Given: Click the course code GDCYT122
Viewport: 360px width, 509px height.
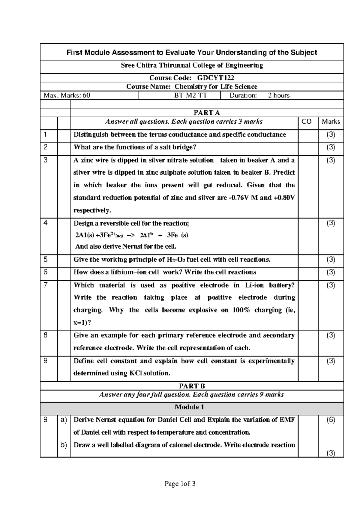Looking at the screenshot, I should [215, 78].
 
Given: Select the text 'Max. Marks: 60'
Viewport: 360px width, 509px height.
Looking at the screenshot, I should [67, 95].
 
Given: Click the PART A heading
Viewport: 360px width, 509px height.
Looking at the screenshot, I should [206, 113].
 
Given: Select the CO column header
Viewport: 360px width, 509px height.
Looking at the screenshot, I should [306, 122].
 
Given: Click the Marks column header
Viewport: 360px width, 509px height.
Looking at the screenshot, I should [331, 122].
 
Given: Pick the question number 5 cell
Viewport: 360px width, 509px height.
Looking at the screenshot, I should [46, 259].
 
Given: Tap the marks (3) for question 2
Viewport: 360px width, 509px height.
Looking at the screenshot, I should [331, 147].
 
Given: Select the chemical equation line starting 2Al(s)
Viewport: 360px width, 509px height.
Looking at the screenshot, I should [131, 235].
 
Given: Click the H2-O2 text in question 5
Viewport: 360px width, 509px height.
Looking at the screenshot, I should [174, 260].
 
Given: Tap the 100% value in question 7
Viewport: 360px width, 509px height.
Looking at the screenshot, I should [241, 310].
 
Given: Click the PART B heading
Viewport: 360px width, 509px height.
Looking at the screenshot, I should [192, 386].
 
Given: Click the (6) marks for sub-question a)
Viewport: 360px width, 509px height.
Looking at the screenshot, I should [331, 420].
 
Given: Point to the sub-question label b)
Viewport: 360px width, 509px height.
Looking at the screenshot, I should [64, 445].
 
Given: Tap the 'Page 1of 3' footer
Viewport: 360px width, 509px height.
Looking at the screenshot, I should [180, 484].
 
